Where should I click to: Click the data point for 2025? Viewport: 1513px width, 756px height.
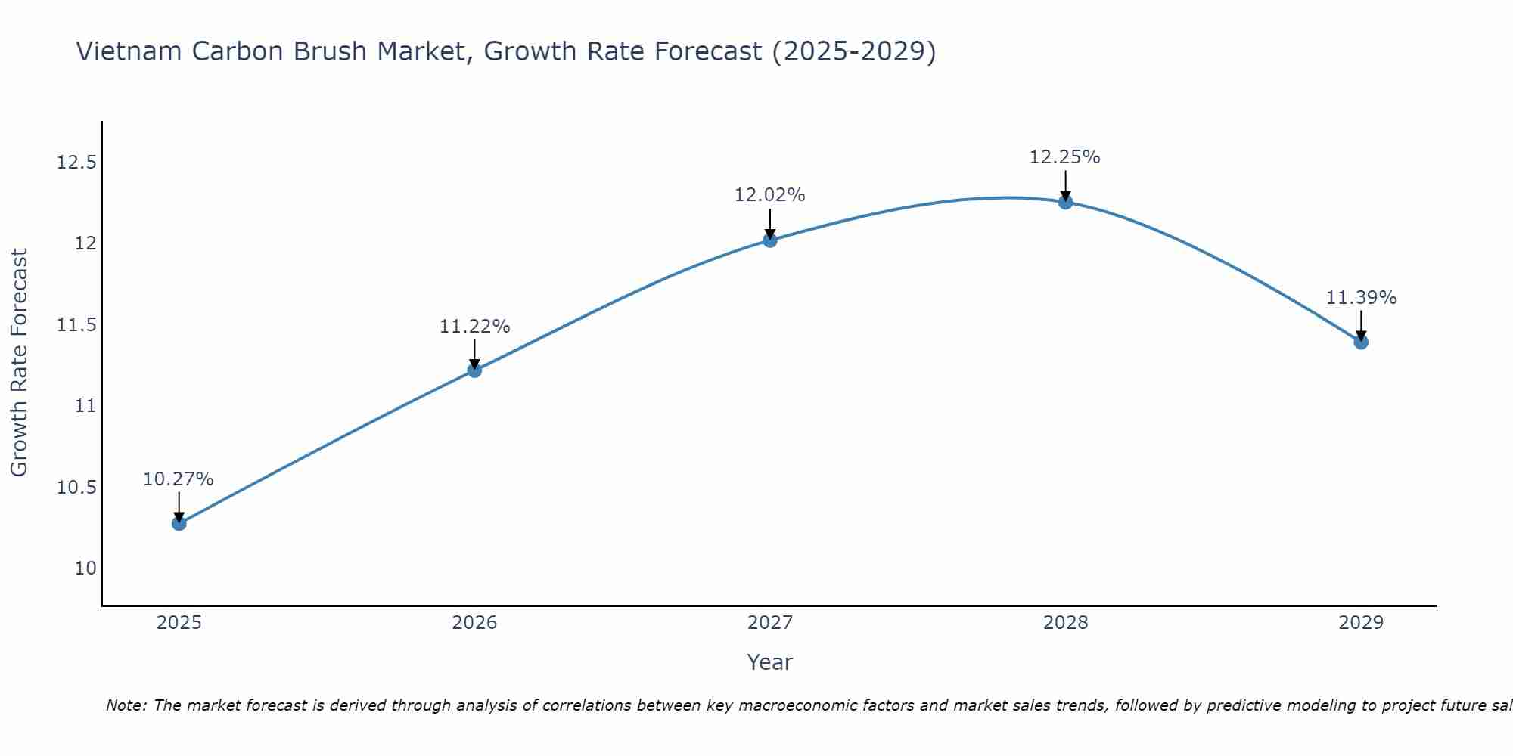179,523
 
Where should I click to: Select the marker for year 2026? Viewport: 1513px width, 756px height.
474,370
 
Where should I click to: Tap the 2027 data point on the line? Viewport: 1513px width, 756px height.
770,240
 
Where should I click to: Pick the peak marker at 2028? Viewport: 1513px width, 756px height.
1065,202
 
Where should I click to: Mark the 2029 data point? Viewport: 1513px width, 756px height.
1361,342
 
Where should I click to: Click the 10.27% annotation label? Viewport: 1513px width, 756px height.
179,479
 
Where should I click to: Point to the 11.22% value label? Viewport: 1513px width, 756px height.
474,327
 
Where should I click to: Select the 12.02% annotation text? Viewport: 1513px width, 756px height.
770,195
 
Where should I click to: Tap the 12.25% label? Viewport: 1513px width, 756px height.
1064,157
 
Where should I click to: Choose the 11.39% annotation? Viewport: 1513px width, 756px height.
1361,298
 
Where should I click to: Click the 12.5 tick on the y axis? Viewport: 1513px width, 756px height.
77,163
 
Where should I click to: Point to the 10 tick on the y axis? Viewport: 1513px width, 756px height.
86,569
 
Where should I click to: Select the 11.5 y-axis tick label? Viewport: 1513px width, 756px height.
77,325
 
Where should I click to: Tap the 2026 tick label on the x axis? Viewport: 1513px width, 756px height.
474,623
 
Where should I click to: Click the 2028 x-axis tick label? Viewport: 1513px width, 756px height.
1065,623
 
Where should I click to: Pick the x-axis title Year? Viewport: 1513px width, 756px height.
769,662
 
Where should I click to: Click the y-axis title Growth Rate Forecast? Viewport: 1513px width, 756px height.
20,363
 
